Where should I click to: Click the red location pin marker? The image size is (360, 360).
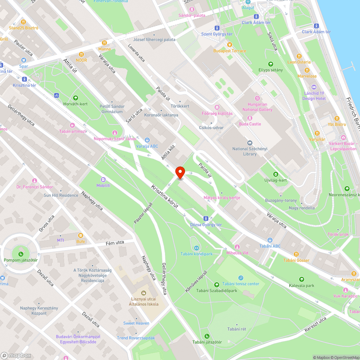click(180, 173)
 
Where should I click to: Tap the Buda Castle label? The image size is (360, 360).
click(250, 124)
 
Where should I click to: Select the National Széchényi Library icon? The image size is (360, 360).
click(250, 143)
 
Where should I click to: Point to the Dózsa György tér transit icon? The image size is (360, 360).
click(206, 219)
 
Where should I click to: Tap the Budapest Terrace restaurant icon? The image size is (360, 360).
click(229, 45)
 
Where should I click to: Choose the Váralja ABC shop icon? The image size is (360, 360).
click(147, 140)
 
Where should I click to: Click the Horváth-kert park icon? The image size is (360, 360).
click(76, 98)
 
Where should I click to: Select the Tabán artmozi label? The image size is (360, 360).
click(73, 131)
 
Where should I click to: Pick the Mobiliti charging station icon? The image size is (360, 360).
click(103, 179)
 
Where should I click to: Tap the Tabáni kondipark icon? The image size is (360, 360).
click(197, 248)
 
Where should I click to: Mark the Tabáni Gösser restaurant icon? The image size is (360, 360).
click(296, 254)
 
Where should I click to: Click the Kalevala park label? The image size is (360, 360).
click(301, 285)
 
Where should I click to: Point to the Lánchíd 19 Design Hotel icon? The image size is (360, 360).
click(314, 87)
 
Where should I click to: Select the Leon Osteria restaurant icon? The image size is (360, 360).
click(299, 56)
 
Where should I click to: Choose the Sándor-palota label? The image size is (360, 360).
click(192, 15)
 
